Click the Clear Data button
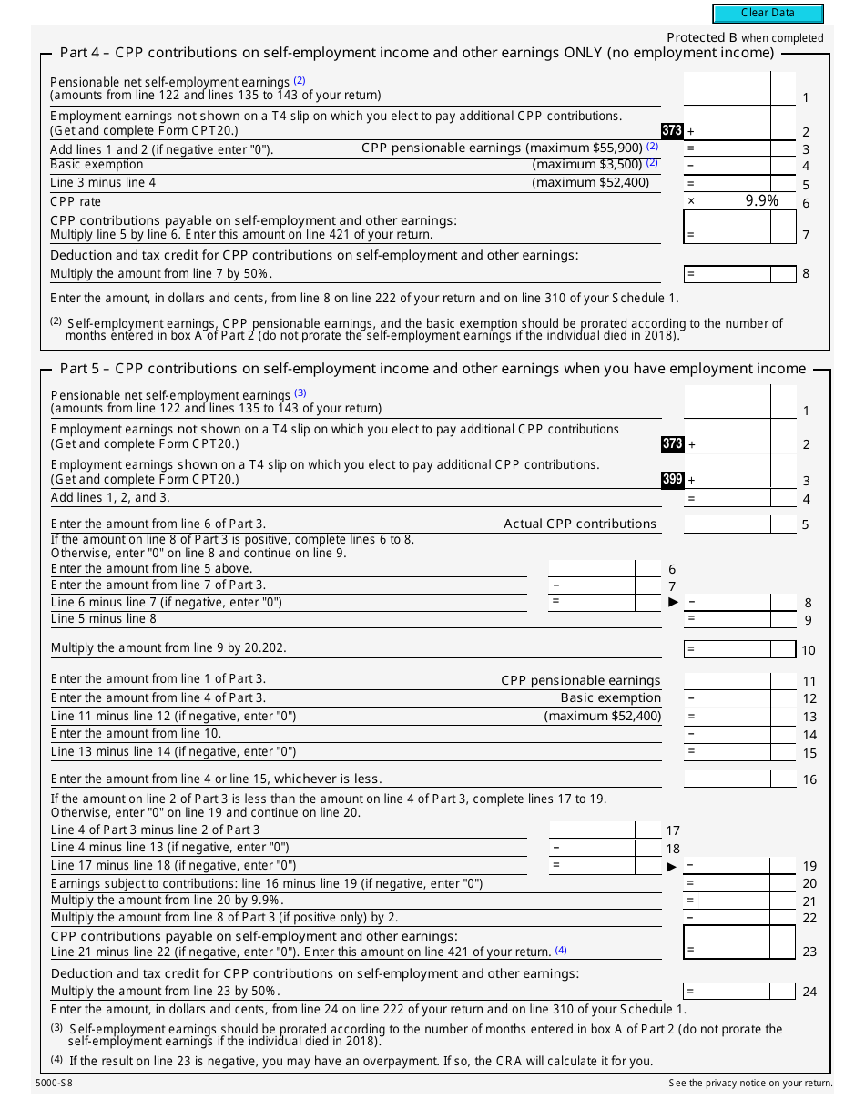click(x=768, y=13)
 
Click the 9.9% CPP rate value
click(x=761, y=200)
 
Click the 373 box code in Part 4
click(x=672, y=131)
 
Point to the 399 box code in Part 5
click(x=672, y=479)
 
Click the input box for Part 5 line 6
click(x=591, y=568)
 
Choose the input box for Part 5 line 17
click(x=591, y=830)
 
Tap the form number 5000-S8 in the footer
click(x=56, y=1083)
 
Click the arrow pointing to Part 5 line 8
click(x=673, y=602)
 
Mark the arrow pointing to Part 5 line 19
click(x=673, y=866)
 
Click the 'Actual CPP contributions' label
click(x=580, y=524)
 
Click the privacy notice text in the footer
click(x=750, y=1083)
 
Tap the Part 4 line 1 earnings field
click(x=727, y=89)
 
